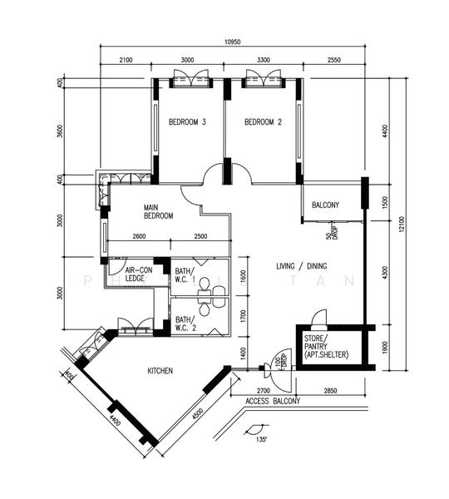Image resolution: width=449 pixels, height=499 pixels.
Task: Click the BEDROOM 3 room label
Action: click(187, 122)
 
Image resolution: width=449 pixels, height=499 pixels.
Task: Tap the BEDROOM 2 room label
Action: click(263, 122)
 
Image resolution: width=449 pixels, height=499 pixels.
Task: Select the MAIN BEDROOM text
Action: click(157, 211)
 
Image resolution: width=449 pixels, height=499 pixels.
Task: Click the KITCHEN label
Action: click(160, 370)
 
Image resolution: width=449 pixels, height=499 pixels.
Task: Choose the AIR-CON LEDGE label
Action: click(136, 274)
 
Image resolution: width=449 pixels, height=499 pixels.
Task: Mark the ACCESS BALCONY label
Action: click(272, 402)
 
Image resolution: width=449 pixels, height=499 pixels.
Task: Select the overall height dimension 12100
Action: click(402, 225)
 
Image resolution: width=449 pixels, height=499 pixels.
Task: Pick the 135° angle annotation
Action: click(262, 438)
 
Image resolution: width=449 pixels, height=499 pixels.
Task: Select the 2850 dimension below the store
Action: click(331, 389)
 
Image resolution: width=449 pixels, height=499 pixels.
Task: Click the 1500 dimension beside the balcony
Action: click(385, 200)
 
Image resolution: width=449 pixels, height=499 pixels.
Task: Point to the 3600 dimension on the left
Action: click(60, 133)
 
